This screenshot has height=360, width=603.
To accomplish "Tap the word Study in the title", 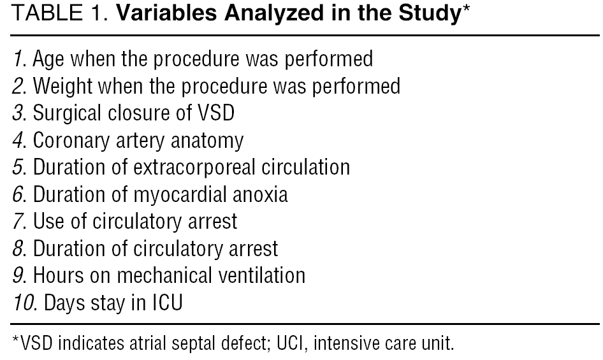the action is tap(430, 14).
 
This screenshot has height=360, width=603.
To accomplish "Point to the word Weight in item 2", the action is tap(62, 87).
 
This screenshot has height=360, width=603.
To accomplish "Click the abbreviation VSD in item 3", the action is tap(215, 113).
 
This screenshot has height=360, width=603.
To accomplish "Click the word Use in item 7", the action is tap(48, 222).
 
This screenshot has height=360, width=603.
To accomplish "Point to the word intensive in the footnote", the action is tap(342, 343).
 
